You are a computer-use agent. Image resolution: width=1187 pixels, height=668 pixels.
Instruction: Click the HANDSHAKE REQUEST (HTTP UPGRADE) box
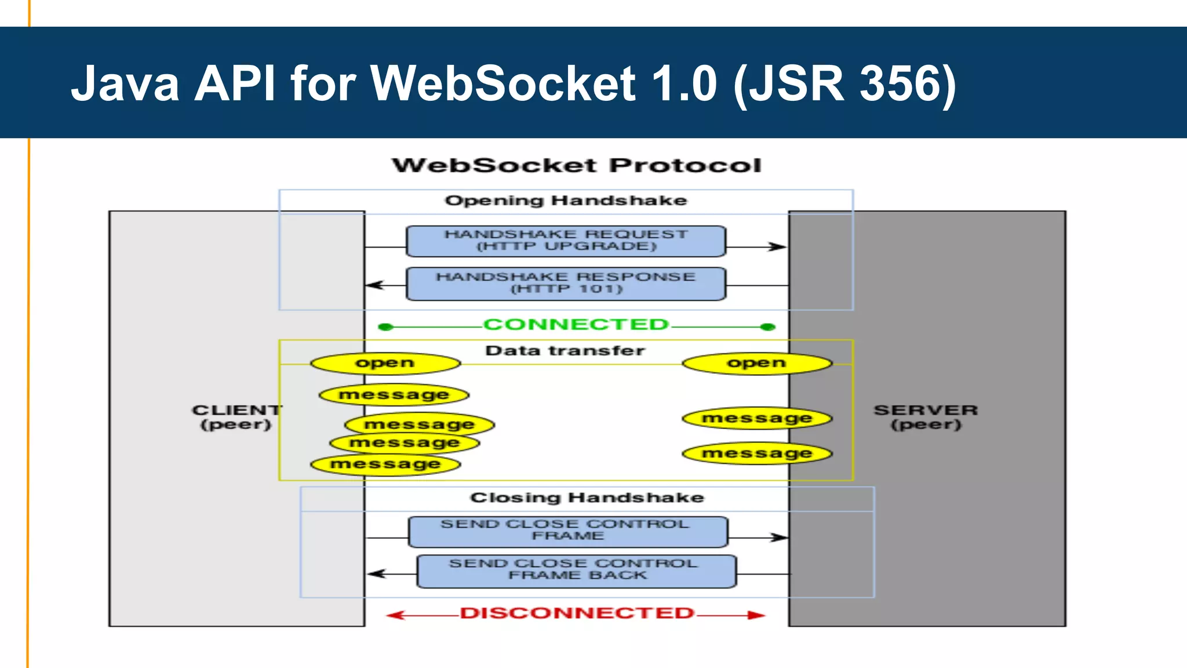click(x=566, y=241)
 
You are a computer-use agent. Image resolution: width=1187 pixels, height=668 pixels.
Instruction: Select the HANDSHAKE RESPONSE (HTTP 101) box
click(x=566, y=284)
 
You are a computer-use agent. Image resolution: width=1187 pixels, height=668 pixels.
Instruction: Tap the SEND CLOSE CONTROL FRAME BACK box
click(x=577, y=571)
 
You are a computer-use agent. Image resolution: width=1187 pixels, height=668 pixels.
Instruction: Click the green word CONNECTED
click(x=576, y=325)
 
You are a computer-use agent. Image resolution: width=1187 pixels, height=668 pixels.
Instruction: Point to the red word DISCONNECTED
click(x=577, y=613)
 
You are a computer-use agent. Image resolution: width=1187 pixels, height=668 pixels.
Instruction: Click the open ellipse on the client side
click(x=385, y=364)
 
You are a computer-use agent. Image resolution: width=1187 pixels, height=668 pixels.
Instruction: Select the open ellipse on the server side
click(x=757, y=364)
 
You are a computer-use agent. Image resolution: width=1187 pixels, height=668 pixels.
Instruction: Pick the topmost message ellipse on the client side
click(x=394, y=395)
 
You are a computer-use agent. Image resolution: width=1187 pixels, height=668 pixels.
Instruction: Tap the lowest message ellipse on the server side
click(x=757, y=453)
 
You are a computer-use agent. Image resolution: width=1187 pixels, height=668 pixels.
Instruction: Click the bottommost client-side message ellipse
click(x=385, y=464)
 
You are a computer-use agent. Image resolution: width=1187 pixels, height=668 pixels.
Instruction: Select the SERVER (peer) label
click(x=926, y=417)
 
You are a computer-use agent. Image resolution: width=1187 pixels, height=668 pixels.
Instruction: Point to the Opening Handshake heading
click(x=566, y=201)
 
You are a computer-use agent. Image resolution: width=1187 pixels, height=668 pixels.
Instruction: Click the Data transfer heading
click(x=565, y=351)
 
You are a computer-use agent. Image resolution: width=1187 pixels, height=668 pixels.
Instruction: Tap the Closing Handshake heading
click(x=587, y=498)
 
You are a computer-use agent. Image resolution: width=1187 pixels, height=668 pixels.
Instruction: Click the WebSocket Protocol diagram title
click(x=577, y=165)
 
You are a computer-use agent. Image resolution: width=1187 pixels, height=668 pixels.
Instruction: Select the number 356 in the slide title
click(x=899, y=83)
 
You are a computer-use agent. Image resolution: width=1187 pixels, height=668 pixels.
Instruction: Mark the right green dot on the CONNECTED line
click(x=768, y=327)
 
